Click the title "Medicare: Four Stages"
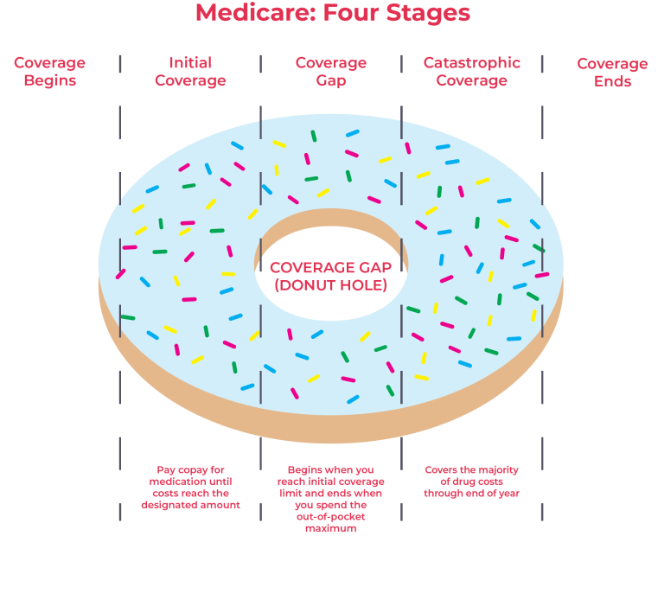pyautogui.click(x=333, y=13)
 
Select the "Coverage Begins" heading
pyautogui.click(x=49, y=73)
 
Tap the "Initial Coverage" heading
pyautogui.click(x=190, y=73)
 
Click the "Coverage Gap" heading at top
pyautogui.click(x=331, y=73)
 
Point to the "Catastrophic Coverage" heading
pyautogui.click(x=472, y=73)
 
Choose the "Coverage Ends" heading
pyautogui.click(x=612, y=73)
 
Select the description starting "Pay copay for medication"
pyautogui.click(x=190, y=488)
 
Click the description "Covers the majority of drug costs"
pyautogui.click(x=472, y=482)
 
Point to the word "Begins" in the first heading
pyautogui.click(x=49, y=82)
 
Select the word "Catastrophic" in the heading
pyautogui.click(x=472, y=63)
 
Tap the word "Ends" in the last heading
pyautogui.click(x=612, y=82)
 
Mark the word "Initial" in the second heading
pyautogui.click(x=190, y=63)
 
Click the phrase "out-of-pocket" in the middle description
pyautogui.click(x=331, y=516)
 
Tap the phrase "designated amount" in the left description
pyautogui.click(x=190, y=505)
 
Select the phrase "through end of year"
pyautogui.click(x=472, y=494)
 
